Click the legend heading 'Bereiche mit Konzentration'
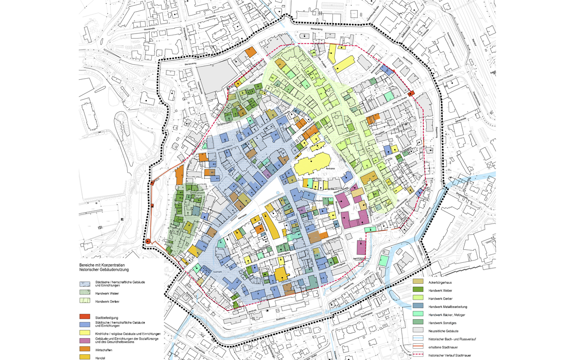coord(104,265)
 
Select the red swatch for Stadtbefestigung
coord(85,317)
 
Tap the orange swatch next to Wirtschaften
coord(85,349)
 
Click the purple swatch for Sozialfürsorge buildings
coord(85,341)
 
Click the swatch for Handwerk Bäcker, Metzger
coord(418,314)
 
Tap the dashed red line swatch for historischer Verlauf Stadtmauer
coord(418,355)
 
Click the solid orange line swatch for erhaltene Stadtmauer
coord(418,347)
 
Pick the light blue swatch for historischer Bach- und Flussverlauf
coord(418,339)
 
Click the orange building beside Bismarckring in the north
coord(251,52)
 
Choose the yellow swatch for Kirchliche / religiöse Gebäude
coord(85,333)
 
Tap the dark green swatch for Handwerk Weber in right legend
coord(418,290)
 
